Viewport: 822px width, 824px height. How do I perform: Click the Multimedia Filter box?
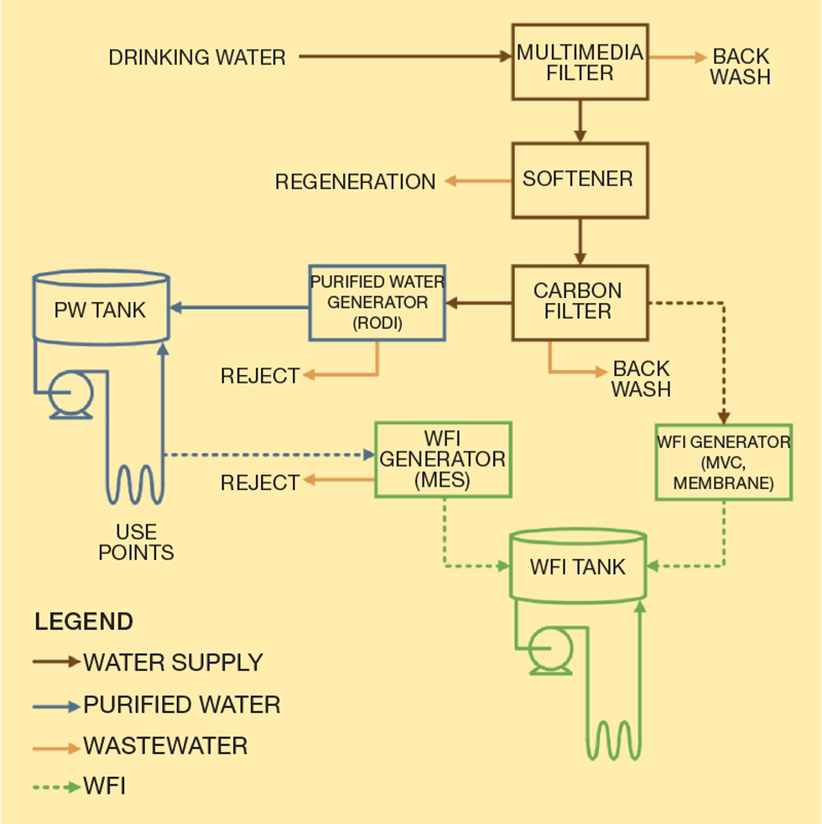[x=580, y=63]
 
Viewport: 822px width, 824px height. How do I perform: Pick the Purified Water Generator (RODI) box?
[x=377, y=303]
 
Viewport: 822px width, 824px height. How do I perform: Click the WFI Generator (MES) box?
[x=442, y=459]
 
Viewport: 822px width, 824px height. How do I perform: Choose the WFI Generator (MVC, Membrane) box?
[x=723, y=462]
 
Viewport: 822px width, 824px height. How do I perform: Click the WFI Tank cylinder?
[x=578, y=566]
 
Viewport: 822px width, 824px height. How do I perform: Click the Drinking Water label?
[x=197, y=58]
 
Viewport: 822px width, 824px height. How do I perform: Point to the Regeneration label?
[x=355, y=181]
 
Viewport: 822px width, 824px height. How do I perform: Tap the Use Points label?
[x=136, y=542]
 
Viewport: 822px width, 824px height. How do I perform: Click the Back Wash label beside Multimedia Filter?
[x=741, y=67]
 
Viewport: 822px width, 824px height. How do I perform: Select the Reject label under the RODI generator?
[x=260, y=376]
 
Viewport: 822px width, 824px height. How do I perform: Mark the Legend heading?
[x=84, y=623]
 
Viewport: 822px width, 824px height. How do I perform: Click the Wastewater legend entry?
[x=165, y=745]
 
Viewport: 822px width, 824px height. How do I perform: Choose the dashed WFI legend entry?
[x=104, y=787]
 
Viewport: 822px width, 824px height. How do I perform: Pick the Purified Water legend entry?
[x=181, y=705]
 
